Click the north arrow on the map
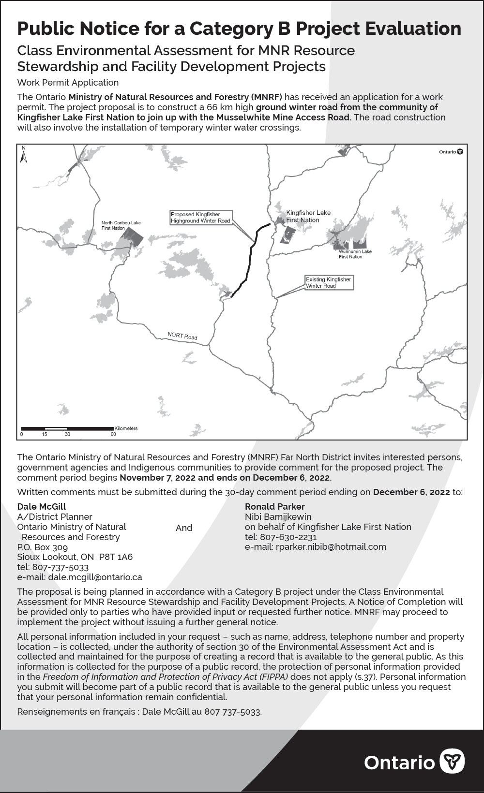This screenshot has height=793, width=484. pyautogui.click(x=23, y=155)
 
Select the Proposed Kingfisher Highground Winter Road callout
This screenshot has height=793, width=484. pyautogui.click(x=201, y=218)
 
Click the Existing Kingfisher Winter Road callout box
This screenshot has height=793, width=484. pyautogui.click(x=329, y=283)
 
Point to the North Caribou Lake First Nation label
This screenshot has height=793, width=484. pyautogui.click(x=121, y=225)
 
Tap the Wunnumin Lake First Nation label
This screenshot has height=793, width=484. pyautogui.click(x=355, y=254)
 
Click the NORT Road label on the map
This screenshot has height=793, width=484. pyautogui.click(x=182, y=336)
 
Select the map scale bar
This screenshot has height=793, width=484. pyautogui.click(x=67, y=429)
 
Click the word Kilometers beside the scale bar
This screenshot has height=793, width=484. pyautogui.click(x=126, y=428)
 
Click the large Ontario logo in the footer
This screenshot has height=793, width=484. pyautogui.click(x=414, y=762)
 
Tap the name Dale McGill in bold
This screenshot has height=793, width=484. pyautogui.click(x=42, y=507)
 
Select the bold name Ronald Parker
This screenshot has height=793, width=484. pyautogui.click(x=274, y=507)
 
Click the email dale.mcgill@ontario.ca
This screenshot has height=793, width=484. pyautogui.click(x=79, y=577)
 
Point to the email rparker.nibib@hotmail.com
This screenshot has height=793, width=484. pyautogui.click(x=315, y=547)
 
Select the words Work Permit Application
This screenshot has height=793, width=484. pyautogui.click(x=68, y=83)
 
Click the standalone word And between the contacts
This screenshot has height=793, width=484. pyautogui.click(x=184, y=528)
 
